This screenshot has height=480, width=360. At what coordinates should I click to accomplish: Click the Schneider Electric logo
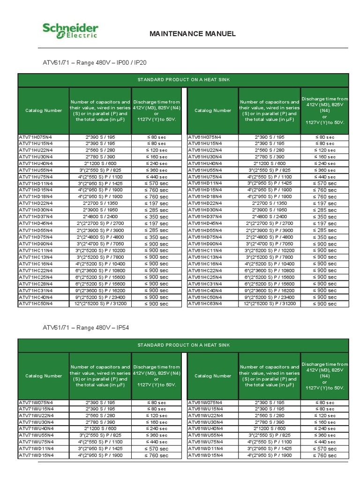(70, 31)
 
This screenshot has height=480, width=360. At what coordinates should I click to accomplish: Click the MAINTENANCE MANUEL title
(192, 34)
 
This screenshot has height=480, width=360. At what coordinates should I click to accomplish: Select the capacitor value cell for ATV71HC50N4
(100, 304)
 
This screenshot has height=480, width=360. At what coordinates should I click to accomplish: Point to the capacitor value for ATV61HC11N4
(270, 250)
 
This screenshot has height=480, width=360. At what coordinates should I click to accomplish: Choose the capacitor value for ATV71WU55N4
(100, 435)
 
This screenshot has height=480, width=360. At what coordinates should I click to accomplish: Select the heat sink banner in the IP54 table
(183, 345)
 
